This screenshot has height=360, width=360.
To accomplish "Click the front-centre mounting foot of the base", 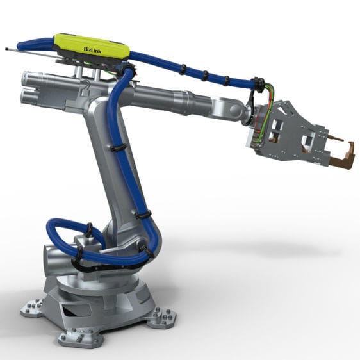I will coord(72,337).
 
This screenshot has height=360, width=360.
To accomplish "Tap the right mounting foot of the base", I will coord(163,316).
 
